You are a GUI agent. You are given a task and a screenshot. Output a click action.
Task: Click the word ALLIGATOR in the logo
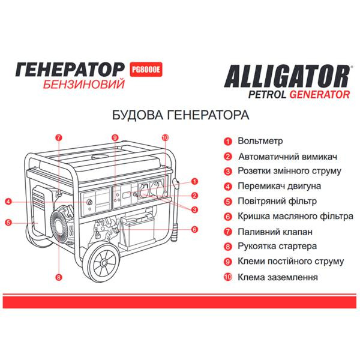pos(287,76)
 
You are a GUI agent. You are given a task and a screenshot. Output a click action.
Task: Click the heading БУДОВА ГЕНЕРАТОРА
pos(180,114)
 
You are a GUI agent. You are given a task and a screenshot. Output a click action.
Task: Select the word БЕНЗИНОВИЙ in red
pos(85,84)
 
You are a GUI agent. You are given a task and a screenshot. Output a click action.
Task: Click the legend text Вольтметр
pos(260,142)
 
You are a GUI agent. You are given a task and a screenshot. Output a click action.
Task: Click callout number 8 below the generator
pos(59,277)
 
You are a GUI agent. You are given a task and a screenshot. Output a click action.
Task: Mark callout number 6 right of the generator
pos(195,229)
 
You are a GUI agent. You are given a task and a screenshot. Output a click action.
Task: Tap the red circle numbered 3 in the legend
pos(228,172)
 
